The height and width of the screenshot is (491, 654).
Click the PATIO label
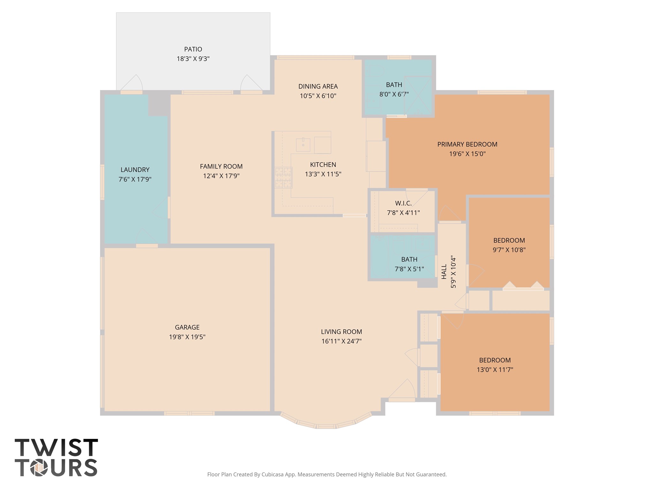point(193,49)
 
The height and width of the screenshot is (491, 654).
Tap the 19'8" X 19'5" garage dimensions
point(187,337)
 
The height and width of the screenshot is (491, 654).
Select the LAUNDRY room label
point(135,170)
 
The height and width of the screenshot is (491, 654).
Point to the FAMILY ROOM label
point(221,166)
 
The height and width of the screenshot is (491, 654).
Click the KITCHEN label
point(323,165)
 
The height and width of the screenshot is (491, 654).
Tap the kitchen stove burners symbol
point(284,177)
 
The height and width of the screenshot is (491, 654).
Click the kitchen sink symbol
point(303,145)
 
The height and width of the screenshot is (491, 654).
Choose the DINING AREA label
point(318,86)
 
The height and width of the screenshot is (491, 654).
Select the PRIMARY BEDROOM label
point(467,144)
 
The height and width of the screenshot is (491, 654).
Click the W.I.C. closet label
point(403,203)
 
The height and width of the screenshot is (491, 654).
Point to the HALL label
point(444,271)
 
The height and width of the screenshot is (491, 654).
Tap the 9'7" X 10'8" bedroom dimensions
point(509,250)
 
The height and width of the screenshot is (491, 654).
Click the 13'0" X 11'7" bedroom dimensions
point(495,370)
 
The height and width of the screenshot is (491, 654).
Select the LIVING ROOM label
point(341,332)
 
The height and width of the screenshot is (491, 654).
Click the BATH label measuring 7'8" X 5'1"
point(409,259)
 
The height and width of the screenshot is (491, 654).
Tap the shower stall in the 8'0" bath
point(418,95)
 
